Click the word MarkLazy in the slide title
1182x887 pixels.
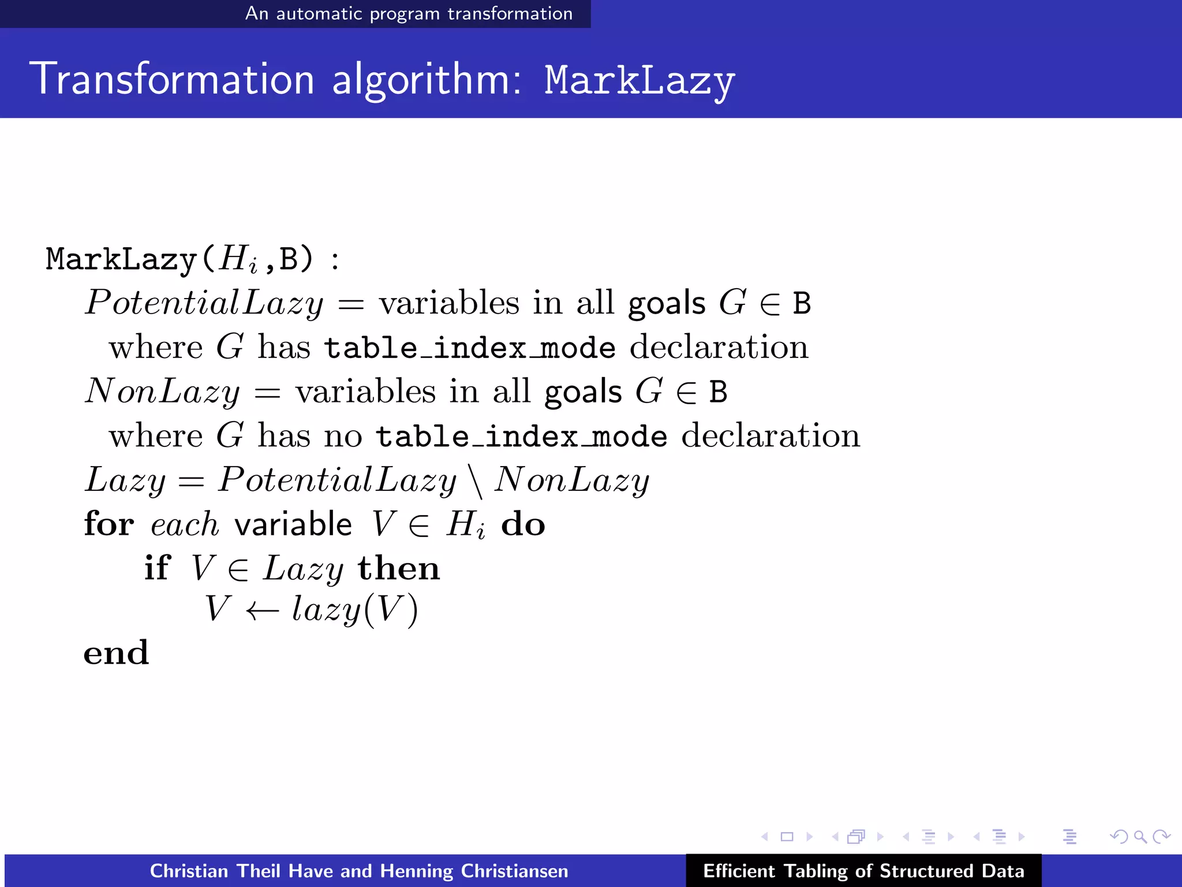(x=639, y=81)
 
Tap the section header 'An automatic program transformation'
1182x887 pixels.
(x=409, y=13)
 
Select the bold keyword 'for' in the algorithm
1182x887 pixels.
(x=109, y=524)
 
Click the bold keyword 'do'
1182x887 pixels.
(x=523, y=524)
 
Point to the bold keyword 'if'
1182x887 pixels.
(x=157, y=568)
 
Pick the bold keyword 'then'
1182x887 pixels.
(x=399, y=568)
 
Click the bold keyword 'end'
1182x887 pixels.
(x=116, y=653)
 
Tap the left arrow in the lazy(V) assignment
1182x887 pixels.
(x=263, y=610)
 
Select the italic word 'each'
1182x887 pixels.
(x=185, y=524)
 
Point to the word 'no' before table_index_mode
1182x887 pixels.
(x=343, y=436)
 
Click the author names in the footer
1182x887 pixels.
(x=359, y=871)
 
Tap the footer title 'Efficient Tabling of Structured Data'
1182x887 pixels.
(x=863, y=871)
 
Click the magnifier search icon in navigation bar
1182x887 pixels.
(x=1139, y=836)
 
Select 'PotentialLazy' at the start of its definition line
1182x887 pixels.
(x=204, y=303)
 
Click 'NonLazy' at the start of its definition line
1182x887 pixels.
(x=163, y=392)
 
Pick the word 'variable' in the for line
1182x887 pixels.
(x=293, y=524)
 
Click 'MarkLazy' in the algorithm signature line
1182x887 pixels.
(x=122, y=259)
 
